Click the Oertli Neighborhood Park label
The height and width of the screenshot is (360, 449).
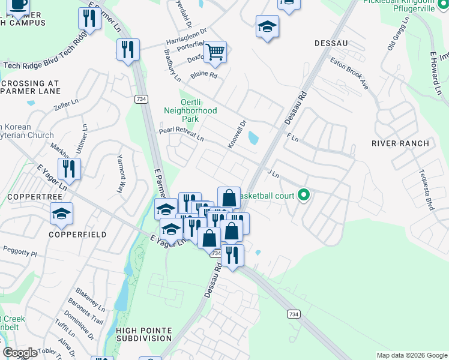(190, 110)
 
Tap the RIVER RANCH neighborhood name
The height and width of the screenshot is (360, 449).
(400, 143)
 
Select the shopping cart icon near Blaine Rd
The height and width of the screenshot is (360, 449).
(214, 52)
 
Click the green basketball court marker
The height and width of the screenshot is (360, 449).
(304, 194)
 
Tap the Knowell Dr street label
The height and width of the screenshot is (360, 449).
(238, 134)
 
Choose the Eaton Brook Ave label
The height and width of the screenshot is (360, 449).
(349, 74)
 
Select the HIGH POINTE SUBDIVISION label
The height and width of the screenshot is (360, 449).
(143, 334)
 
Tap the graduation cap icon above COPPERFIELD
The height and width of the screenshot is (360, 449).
(61, 214)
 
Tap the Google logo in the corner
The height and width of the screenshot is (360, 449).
(20, 353)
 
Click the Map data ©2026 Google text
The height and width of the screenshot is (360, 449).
(411, 355)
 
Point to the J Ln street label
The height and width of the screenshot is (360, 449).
(273, 174)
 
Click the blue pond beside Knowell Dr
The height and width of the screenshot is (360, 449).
(253, 139)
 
